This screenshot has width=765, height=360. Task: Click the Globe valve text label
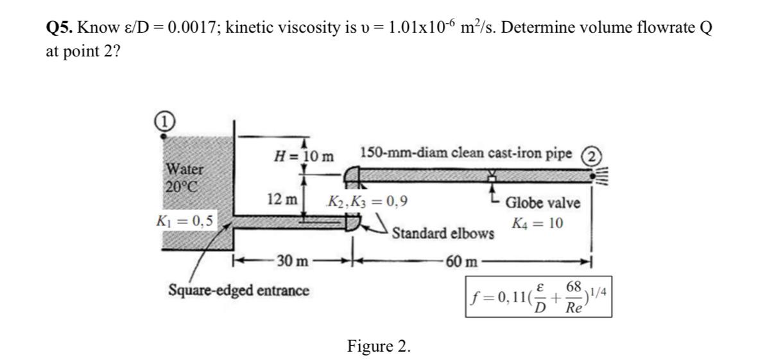pyautogui.click(x=543, y=203)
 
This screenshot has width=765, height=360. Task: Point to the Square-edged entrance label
pyautogui.click(x=238, y=290)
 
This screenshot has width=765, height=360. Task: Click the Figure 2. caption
pyautogui.click(x=379, y=347)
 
